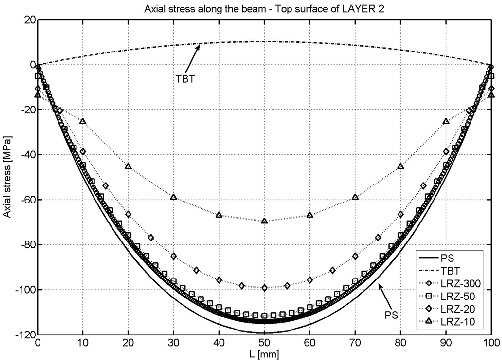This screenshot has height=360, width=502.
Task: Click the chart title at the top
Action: [x=264, y=9]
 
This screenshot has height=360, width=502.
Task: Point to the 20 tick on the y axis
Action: [x=27, y=20]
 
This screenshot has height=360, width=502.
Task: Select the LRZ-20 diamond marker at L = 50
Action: [x=264, y=288]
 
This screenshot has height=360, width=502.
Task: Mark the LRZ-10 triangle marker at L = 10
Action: [x=83, y=122]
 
